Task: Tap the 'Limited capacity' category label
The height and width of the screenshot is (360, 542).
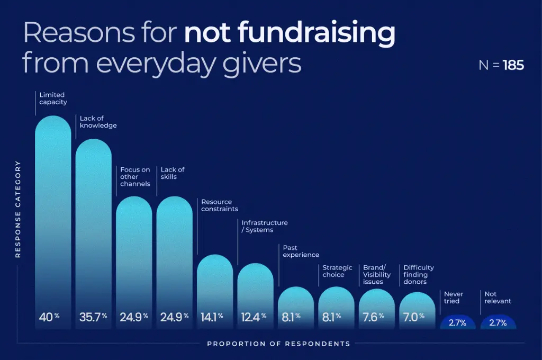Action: click(x=53, y=98)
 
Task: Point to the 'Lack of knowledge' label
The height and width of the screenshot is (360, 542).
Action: click(x=98, y=122)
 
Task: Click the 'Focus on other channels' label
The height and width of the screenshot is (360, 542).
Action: click(x=135, y=177)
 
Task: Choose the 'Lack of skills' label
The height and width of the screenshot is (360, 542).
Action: click(x=173, y=173)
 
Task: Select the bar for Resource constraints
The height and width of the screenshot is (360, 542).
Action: click(x=215, y=286)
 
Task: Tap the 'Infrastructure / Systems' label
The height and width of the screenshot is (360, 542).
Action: click(x=265, y=227)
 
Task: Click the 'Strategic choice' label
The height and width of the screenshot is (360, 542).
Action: click(x=337, y=271)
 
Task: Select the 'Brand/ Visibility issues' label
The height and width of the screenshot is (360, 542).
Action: click(x=377, y=275)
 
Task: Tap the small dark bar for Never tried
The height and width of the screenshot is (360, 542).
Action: click(x=457, y=322)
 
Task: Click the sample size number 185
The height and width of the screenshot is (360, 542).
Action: click(x=513, y=65)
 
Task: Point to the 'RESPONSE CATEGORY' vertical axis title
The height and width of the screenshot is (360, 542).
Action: click(x=18, y=209)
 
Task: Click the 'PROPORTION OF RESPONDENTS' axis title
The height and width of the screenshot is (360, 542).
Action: click(x=278, y=344)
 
